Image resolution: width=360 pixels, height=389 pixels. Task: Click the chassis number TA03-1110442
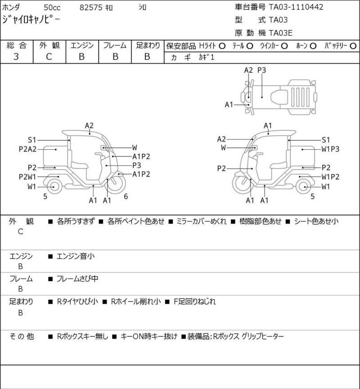click(x=296, y=7)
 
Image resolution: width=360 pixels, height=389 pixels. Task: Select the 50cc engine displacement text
click(x=52, y=8)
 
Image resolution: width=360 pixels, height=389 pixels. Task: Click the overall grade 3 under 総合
click(x=16, y=57)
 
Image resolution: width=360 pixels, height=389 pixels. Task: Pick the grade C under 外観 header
click(x=49, y=57)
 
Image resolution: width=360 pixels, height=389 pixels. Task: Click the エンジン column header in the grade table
click(x=82, y=46)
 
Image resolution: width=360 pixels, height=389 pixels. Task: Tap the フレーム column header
click(x=115, y=46)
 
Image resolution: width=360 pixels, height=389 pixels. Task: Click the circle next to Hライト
click(x=222, y=46)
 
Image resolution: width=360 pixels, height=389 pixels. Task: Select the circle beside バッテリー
click(x=353, y=46)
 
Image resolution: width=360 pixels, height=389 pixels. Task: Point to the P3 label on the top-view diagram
click(x=262, y=70)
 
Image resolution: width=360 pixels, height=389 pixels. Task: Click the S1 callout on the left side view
click(x=32, y=140)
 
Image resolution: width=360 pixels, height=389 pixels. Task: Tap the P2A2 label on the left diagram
click(x=27, y=149)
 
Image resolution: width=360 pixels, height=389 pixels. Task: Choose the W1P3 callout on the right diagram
click(x=330, y=149)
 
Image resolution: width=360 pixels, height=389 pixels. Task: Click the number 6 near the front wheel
click(x=126, y=197)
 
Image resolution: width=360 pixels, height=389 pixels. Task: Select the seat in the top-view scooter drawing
click(x=279, y=97)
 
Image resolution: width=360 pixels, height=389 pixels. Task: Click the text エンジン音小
click(x=76, y=256)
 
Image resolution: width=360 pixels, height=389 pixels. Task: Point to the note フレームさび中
click(x=77, y=279)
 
